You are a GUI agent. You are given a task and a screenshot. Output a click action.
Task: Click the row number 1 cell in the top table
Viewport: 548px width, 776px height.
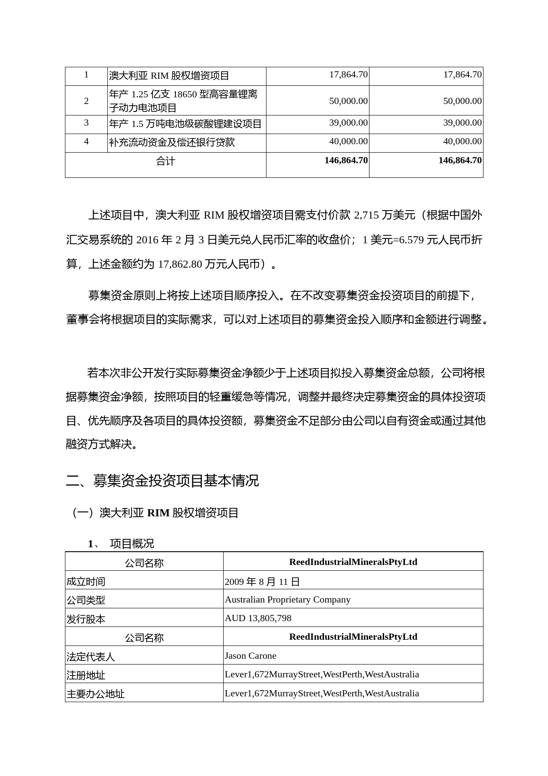point(86,75)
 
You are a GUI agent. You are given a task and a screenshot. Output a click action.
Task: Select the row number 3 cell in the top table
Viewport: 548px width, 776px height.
point(86,123)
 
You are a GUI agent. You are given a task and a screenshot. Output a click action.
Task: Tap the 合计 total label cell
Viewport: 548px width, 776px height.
point(165,161)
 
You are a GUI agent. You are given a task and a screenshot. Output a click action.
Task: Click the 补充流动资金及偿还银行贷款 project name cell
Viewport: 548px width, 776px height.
point(172,142)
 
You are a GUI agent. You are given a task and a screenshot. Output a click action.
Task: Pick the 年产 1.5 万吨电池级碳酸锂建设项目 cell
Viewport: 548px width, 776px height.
point(186,124)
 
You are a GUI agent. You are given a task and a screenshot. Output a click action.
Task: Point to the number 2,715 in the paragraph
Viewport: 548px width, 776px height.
point(366,215)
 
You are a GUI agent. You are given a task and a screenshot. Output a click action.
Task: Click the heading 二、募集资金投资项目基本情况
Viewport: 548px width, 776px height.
point(162,481)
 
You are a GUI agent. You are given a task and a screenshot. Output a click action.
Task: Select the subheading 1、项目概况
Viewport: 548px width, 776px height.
point(121,544)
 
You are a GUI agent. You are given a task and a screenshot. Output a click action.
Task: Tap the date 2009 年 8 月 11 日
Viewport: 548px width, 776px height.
point(262,582)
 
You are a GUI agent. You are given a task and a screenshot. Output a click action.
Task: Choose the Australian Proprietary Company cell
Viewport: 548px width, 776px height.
point(287,600)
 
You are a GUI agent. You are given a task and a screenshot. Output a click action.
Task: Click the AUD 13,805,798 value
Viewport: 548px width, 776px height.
point(258,618)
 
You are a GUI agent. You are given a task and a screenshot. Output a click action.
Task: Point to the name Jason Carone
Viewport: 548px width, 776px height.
point(250,656)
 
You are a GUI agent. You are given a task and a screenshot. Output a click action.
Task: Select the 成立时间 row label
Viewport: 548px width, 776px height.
point(86,582)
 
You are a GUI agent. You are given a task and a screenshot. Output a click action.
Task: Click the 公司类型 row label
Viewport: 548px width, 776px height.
point(86,600)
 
